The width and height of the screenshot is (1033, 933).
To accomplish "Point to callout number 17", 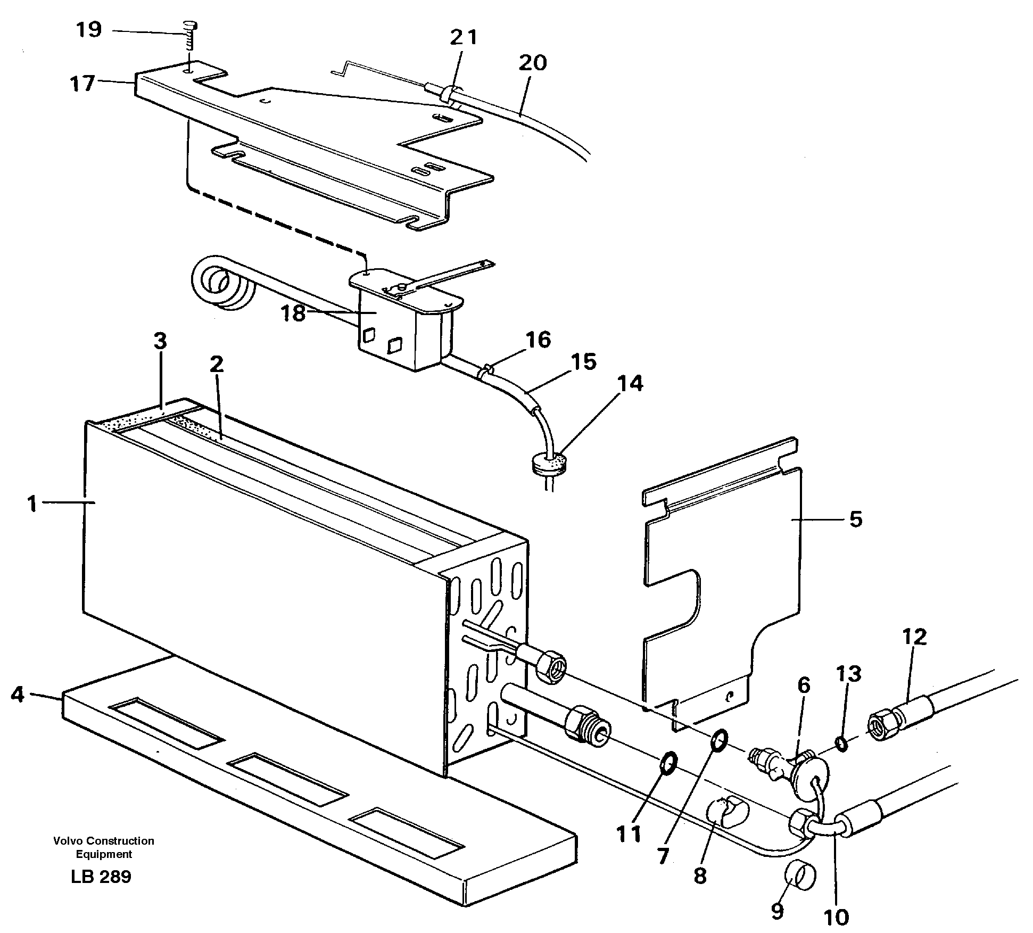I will (x=82, y=84).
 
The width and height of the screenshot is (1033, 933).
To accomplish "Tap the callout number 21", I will (x=463, y=38).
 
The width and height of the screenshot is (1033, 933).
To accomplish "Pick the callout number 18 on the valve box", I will (x=293, y=313).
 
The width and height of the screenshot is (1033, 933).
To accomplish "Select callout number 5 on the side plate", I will (x=855, y=518).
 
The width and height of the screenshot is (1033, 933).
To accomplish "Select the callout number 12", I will (x=914, y=637).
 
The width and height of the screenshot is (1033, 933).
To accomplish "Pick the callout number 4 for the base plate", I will (x=18, y=694).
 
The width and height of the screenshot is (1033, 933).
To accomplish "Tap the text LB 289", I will (x=101, y=877).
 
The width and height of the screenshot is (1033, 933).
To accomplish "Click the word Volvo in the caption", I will (x=68, y=841).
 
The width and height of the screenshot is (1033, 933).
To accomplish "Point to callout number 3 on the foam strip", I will (x=160, y=341).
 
